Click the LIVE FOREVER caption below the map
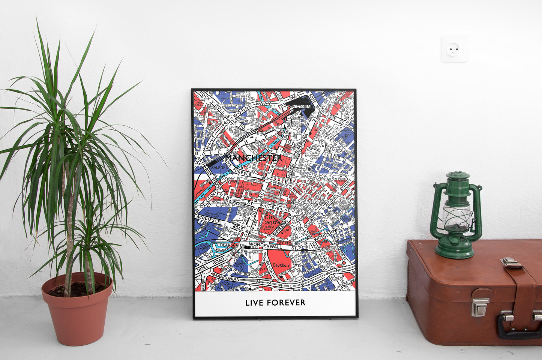pos(275,303)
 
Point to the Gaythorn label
pos(282,265)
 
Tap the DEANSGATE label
pos(230,245)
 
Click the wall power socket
pos(454,49)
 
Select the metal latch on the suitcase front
pos(480,307)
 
